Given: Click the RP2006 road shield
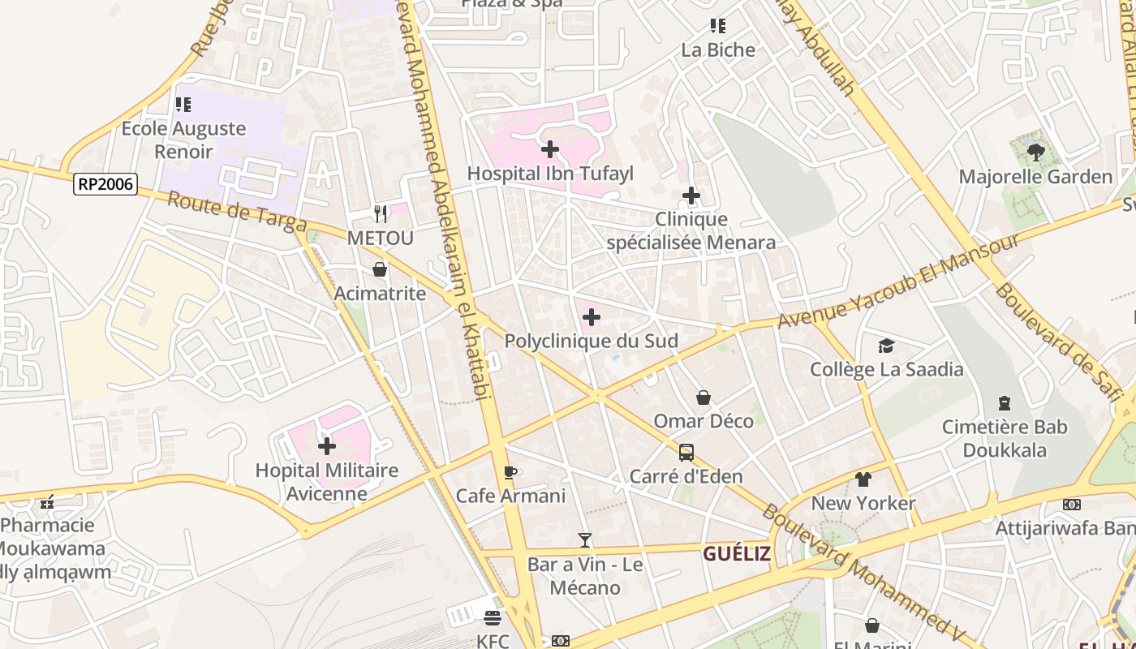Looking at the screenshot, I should coord(105,184).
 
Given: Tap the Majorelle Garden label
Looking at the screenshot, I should coord(1035,177).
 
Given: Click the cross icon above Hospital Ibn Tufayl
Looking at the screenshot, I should coord(550,149).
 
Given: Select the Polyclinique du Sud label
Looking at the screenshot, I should coord(591,341).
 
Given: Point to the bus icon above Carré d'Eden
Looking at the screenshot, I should coord(686,453).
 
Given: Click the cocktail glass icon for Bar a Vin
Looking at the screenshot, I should coord(584,540).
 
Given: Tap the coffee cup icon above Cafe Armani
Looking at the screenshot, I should coord(510,472).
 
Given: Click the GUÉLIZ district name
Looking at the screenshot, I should coord(736,554).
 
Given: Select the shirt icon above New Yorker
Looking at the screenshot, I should coord(863,479).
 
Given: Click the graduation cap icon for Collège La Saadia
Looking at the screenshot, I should coord(886,346).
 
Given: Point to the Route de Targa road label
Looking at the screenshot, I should coord(237,212).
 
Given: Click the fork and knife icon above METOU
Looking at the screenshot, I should coord(381,214).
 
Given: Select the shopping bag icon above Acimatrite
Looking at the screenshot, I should coord(380,269).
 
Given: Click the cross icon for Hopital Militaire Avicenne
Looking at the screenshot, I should coord(327,446).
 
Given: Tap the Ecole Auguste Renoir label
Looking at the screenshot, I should coord(183,140).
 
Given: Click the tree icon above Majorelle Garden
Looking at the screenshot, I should coord(1035,152).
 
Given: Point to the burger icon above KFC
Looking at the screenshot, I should coord(493,618).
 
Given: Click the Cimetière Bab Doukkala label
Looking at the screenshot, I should coord(1005,438).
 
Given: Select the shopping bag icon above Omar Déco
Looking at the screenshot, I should coord(704,398).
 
